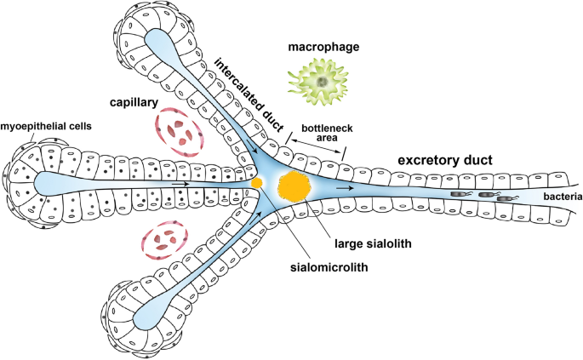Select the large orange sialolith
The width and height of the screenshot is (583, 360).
(x=295, y=184)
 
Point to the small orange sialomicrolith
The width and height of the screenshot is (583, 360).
(x=256, y=182)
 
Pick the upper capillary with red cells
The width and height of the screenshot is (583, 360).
(x=179, y=132)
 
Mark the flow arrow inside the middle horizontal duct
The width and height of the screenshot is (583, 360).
(x=180, y=182)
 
